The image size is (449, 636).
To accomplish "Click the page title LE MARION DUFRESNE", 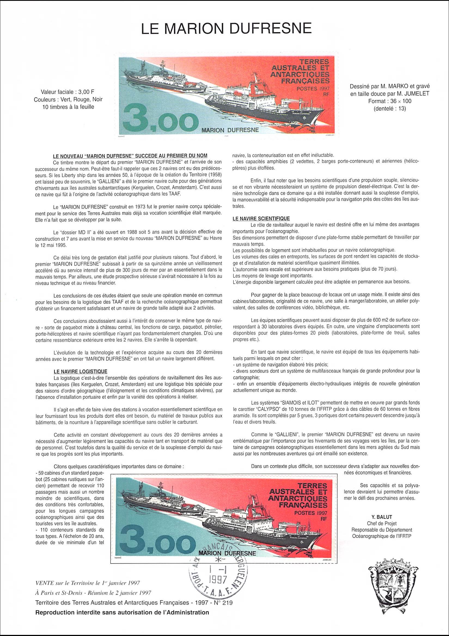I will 224,29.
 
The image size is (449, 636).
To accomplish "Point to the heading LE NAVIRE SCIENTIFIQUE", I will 261,218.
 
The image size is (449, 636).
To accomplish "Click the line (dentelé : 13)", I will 390,108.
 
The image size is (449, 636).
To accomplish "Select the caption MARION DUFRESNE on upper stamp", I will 230,129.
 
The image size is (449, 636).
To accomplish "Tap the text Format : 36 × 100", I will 390,101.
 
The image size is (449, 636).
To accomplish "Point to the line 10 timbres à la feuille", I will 68,107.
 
